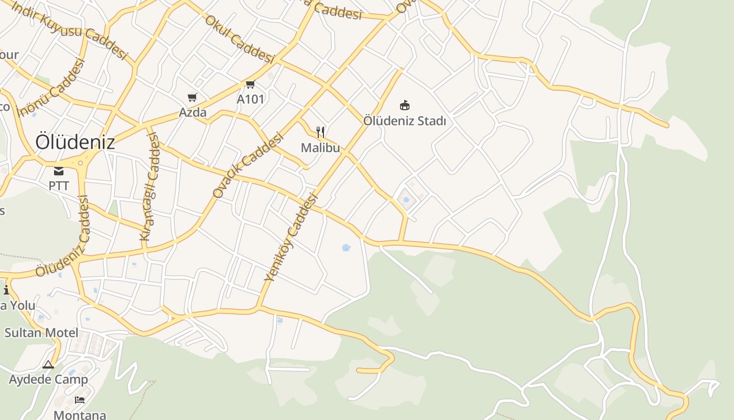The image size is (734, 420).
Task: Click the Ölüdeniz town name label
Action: pyautogui.click(x=75, y=142)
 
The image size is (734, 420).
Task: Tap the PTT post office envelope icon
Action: pyautogui.click(x=59, y=171)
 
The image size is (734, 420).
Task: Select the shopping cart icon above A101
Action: pyautogui.click(x=251, y=85)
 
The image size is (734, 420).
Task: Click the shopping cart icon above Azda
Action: pyautogui.click(x=192, y=98)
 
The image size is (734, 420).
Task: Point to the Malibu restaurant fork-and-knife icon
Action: pyautogui.click(x=321, y=132)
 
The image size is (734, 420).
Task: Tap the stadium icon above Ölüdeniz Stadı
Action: pyautogui.click(x=405, y=106)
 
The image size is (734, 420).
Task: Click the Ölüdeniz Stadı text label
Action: pyautogui.click(x=405, y=121)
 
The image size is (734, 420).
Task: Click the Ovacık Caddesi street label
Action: pyautogui.click(x=248, y=165)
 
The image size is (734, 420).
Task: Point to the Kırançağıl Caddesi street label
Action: pyautogui.click(x=149, y=187)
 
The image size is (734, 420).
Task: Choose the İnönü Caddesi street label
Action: pyautogui.click(x=51, y=88)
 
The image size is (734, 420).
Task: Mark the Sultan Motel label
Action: pyautogui.click(x=41, y=332)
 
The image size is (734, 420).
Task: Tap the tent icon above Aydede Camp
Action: pyautogui.click(x=48, y=364)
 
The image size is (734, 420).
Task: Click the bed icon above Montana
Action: pyautogui.click(x=80, y=400)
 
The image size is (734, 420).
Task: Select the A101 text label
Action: pyautogui.click(x=251, y=99)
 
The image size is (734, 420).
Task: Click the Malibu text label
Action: pyautogui.click(x=320, y=148)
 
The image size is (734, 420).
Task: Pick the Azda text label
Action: pyautogui.click(x=192, y=112)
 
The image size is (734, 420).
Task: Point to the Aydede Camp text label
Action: pyautogui.click(x=48, y=379)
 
